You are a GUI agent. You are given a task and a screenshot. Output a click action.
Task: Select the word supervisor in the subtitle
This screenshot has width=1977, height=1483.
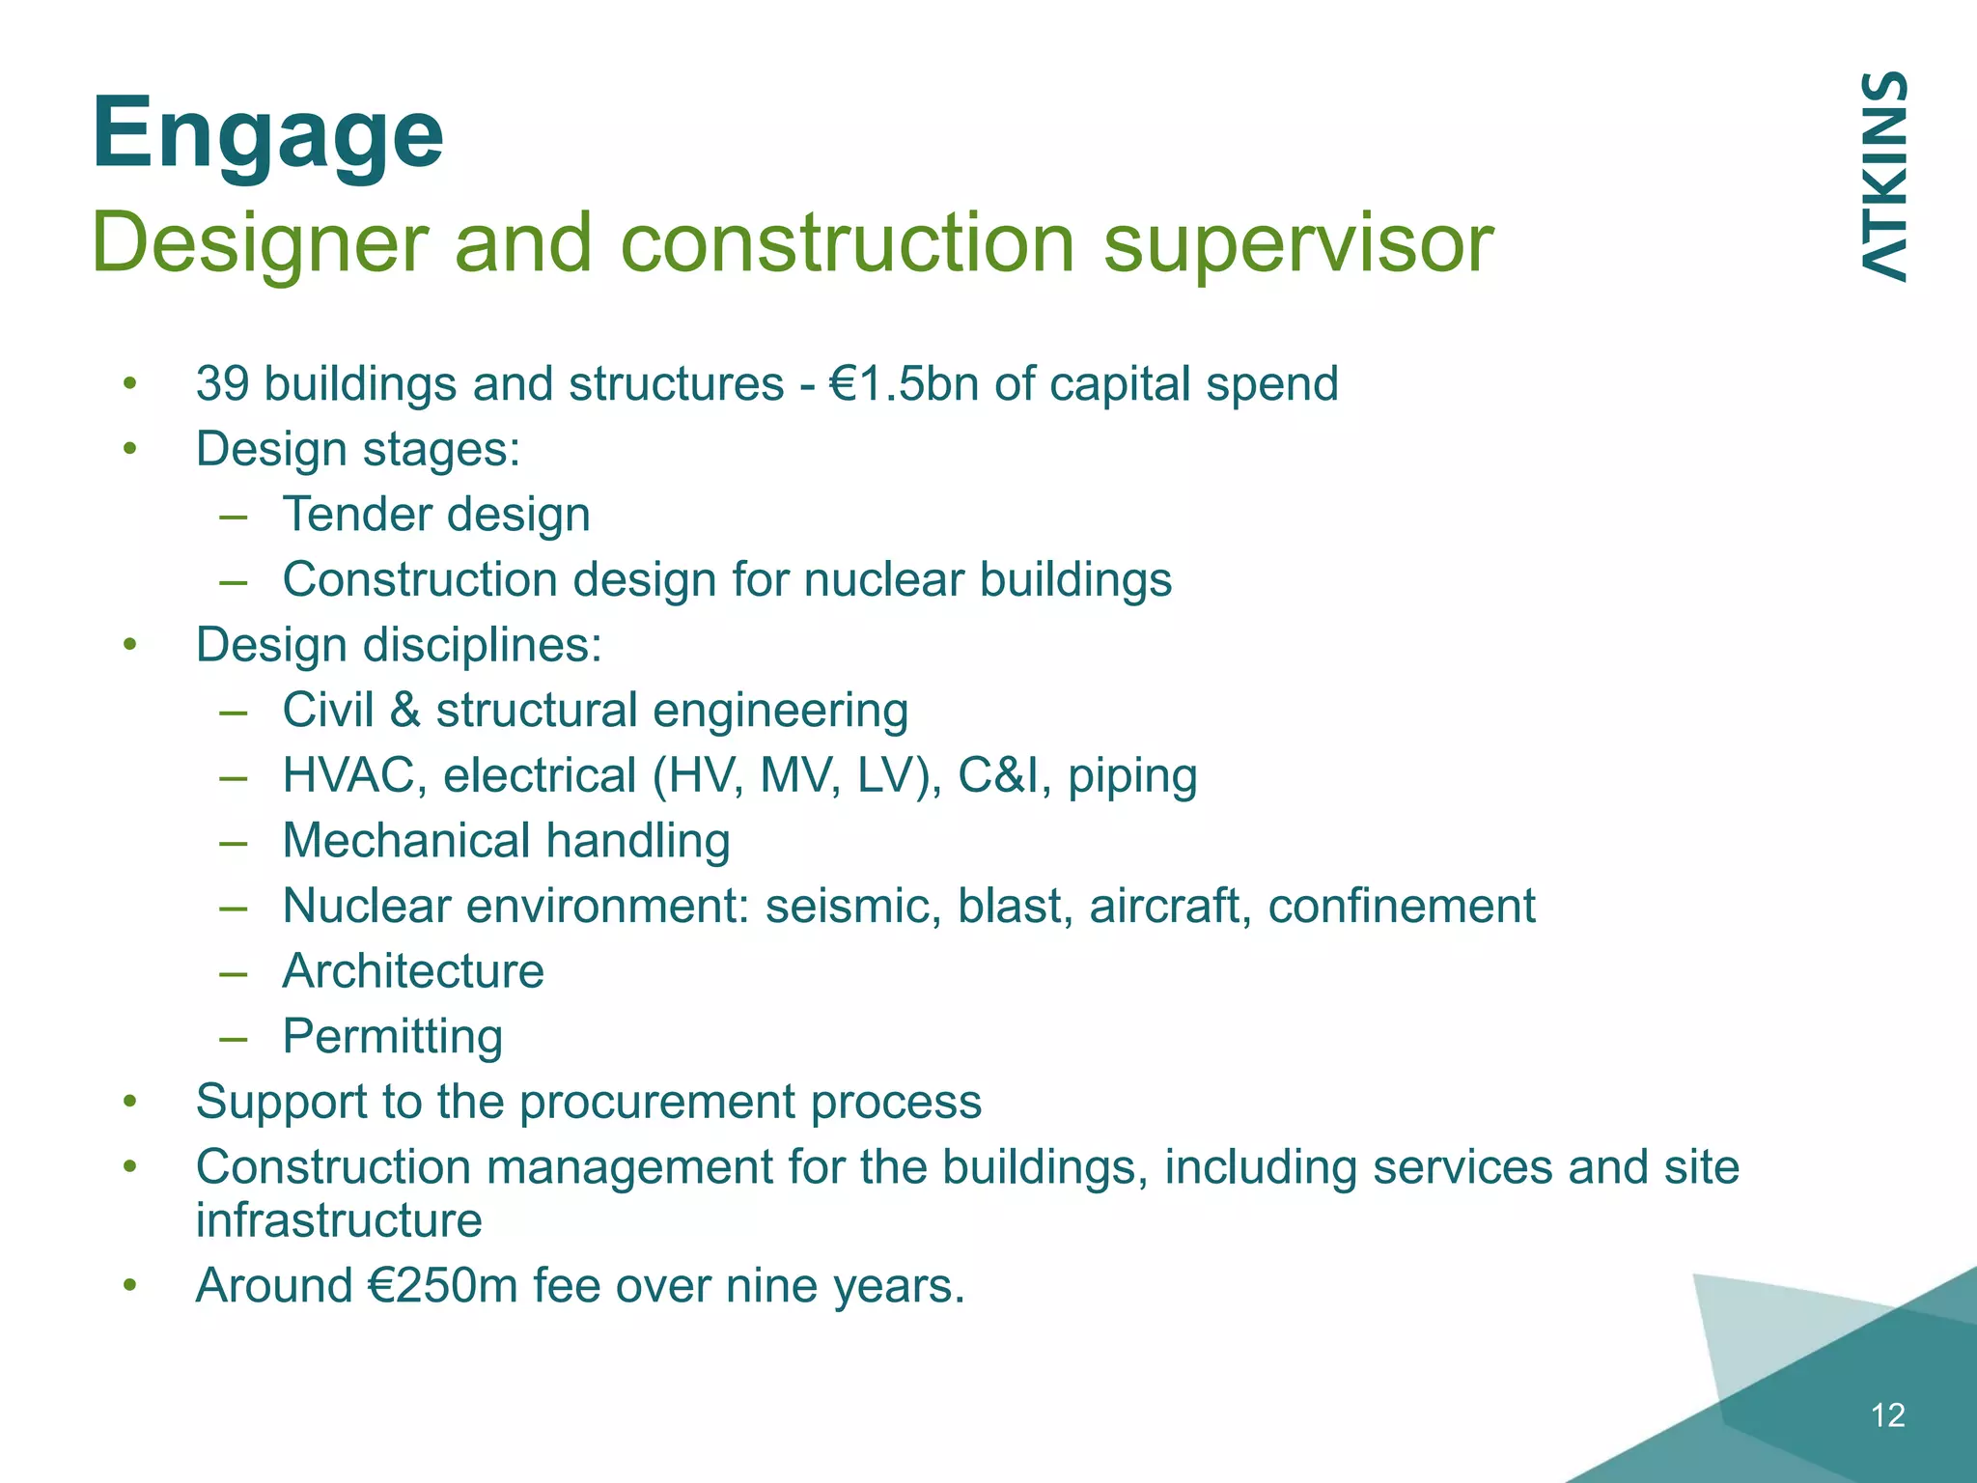[x=1297, y=243]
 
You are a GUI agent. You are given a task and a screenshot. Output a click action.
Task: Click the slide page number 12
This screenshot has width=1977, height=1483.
[x=1887, y=1415]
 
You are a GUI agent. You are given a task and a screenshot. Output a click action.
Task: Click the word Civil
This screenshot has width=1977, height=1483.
[x=327, y=711]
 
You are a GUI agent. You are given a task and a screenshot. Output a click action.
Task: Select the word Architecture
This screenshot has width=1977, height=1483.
[x=412, y=971]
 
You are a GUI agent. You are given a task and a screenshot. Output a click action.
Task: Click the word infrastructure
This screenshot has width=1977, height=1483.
[x=338, y=1220]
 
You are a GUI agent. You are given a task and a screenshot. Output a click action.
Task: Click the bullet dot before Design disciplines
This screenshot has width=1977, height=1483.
[x=130, y=645]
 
